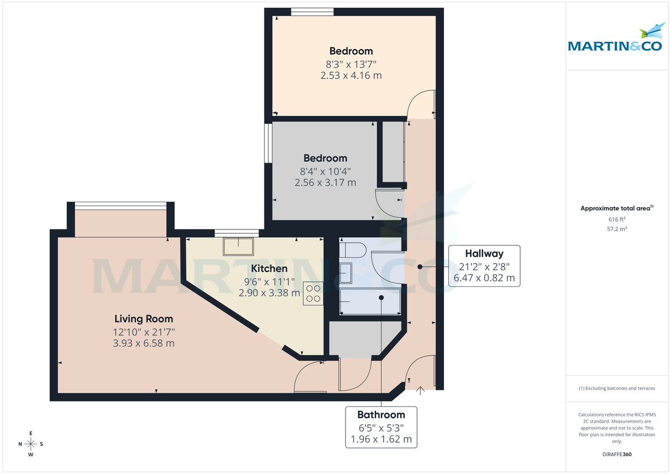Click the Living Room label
pos(144,319)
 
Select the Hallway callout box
pos(484,266)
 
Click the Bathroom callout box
pos(381,426)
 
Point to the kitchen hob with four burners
pos(313,294)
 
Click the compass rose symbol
pos(31,444)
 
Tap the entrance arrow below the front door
pos(420,391)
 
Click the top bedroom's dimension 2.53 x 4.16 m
pos(351,75)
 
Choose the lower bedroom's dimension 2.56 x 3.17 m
pos(325,182)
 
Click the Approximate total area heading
pos(616,208)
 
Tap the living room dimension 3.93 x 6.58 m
pos(144,343)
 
